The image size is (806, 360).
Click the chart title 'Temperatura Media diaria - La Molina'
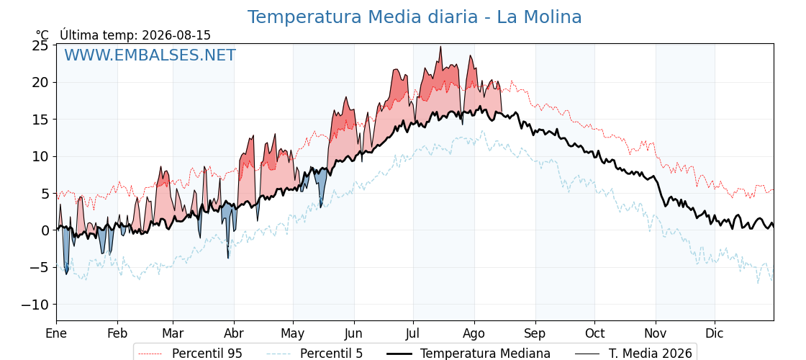415,17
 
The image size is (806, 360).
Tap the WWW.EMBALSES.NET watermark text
150,55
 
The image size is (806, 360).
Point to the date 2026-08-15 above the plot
176,35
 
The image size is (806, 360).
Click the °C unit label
42,35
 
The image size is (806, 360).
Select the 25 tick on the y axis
40,46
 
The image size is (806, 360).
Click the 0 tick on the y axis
45,230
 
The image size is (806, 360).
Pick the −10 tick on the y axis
35,305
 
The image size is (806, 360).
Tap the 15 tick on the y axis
40,120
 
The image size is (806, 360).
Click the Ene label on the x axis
57,333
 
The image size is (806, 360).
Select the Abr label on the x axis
234,333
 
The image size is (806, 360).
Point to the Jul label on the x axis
413,333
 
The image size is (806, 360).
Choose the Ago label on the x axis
474,333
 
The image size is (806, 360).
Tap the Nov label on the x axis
656,333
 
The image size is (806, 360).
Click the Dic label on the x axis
715,333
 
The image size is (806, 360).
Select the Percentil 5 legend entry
315,354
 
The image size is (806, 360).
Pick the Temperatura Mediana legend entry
468,354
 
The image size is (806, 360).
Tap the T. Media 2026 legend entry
633,354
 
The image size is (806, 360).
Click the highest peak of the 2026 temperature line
440,47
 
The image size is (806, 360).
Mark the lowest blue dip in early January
66,274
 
